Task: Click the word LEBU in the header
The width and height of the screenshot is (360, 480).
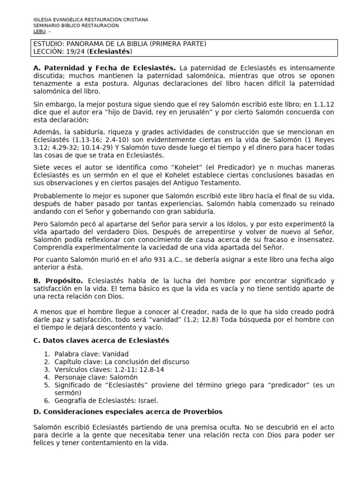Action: pos(39,31)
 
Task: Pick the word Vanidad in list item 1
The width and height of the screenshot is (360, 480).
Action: pos(113,353)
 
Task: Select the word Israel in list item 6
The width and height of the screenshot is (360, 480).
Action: pos(148,400)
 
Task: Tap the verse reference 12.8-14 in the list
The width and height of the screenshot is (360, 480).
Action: pos(150,369)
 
